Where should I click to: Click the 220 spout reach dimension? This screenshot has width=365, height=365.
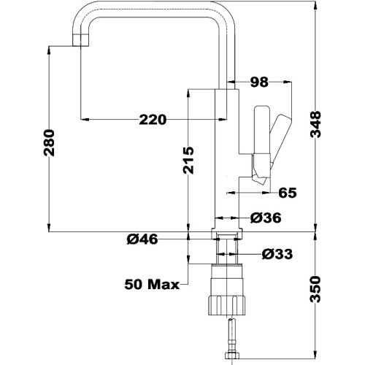click(x=153, y=120)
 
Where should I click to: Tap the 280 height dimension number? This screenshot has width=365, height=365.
click(x=49, y=143)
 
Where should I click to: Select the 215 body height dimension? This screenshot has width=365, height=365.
click(x=188, y=161)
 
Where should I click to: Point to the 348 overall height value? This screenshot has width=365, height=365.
click(x=315, y=124)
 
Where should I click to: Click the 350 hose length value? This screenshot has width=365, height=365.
click(x=315, y=289)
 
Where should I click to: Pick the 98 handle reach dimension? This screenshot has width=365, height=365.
click(x=259, y=82)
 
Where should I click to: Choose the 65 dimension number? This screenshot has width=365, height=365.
click(x=288, y=193)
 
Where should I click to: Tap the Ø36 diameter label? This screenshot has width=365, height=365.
click(x=266, y=218)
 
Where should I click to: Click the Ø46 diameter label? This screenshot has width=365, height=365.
click(x=142, y=239)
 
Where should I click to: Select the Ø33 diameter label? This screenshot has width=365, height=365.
click(x=277, y=254)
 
